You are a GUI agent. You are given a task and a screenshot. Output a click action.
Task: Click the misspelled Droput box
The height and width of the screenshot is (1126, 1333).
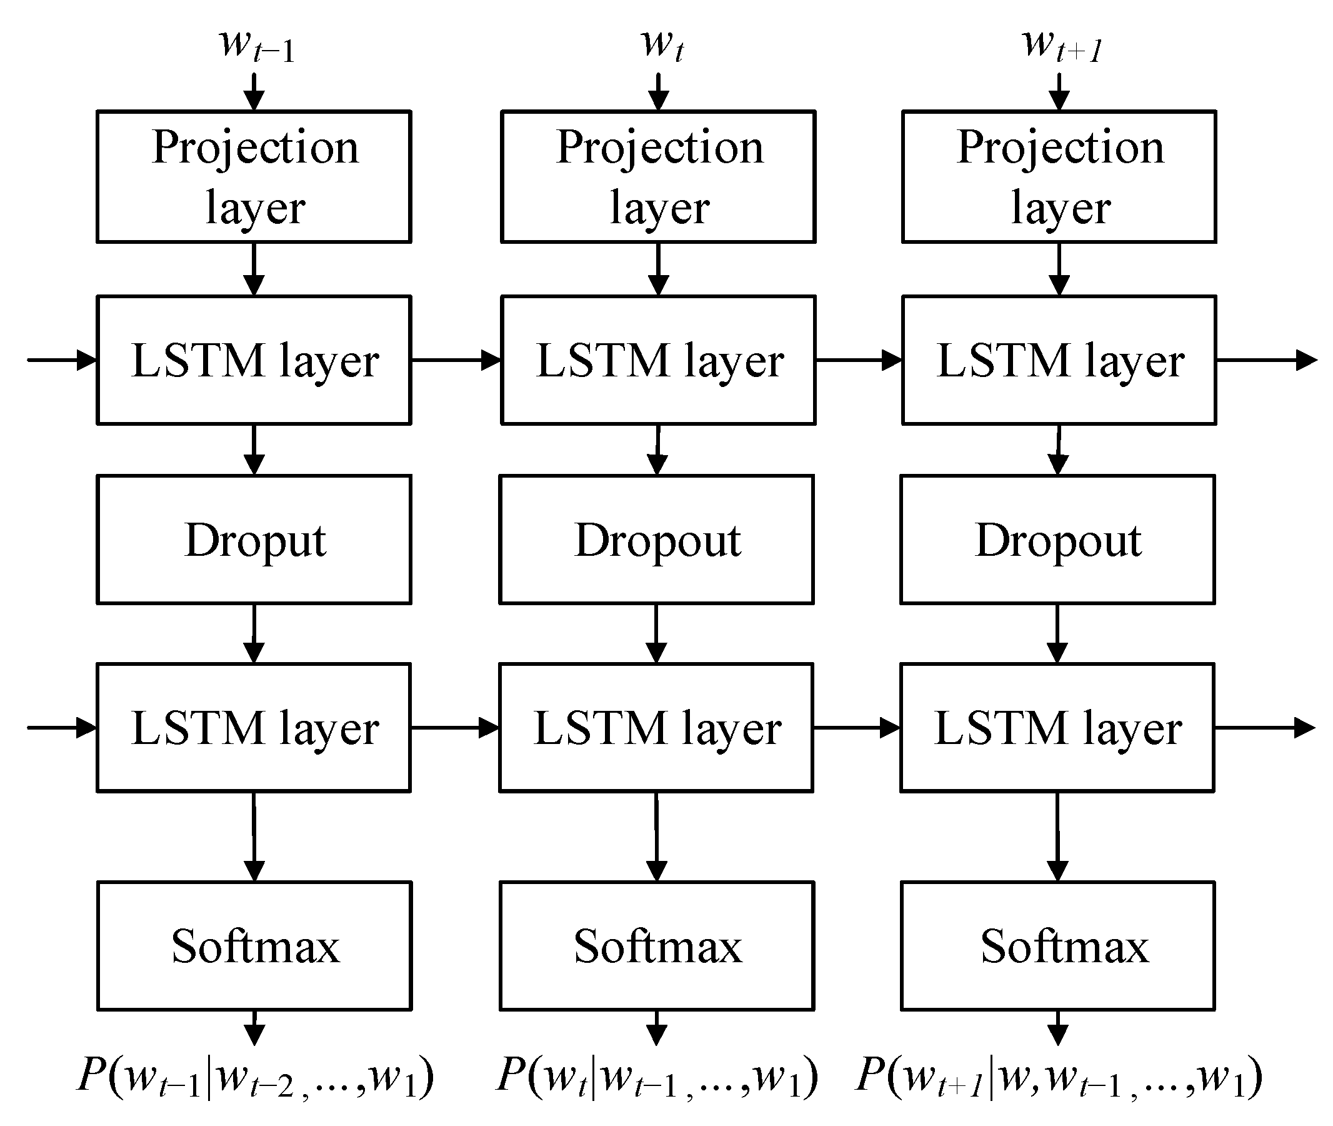(x=254, y=540)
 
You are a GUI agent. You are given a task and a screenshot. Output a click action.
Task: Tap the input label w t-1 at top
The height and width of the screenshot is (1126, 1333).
(x=256, y=46)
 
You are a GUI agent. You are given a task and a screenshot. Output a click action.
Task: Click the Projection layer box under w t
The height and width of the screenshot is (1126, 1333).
(x=658, y=177)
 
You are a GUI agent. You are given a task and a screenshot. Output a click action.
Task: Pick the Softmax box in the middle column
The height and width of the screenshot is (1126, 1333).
(x=657, y=946)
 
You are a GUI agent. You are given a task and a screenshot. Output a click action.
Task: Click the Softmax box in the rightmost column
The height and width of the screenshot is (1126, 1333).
(x=1058, y=946)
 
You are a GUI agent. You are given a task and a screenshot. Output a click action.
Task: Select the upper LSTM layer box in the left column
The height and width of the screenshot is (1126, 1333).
(x=254, y=360)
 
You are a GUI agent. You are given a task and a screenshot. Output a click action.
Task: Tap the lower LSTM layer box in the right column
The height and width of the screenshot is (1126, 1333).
(x=1057, y=728)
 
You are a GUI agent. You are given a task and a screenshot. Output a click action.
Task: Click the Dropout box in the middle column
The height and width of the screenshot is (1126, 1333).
(x=657, y=540)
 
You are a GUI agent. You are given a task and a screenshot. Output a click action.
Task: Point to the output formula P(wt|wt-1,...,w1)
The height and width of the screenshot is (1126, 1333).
(x=657, y=1076)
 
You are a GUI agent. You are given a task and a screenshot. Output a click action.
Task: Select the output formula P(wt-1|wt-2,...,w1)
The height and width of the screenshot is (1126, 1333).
(x=255, y=1076)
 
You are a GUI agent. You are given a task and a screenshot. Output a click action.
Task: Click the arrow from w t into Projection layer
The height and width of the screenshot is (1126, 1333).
(x=658, y=91)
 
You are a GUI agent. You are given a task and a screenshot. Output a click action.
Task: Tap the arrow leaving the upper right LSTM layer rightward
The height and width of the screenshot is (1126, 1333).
(x=1266, y=360)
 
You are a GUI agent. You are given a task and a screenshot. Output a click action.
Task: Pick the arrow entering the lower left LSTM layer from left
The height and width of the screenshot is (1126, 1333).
(x=62, y=728)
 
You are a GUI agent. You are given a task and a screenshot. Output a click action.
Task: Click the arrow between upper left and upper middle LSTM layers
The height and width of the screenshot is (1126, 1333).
(x=456, y=360)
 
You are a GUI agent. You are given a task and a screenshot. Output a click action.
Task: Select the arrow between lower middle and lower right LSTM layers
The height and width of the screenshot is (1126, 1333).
(x=856, y=728)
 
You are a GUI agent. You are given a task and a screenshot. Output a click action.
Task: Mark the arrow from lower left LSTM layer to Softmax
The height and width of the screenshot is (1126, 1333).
(x=254, y=836)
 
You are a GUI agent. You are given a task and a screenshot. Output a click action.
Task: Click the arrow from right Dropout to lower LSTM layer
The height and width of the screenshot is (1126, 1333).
(x=1057, y=633)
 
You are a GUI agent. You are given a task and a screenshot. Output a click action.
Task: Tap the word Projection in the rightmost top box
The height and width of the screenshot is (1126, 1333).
(x=1060, y=148)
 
